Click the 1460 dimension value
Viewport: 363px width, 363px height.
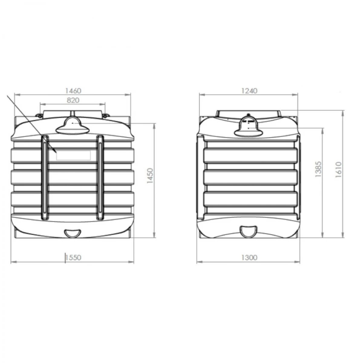pyautogui.click(x=73, y=91)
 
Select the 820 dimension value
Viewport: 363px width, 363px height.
pyautogui.click(x=73, y=100)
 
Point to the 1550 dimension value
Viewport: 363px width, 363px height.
pyautogui.click(x=74, y=257)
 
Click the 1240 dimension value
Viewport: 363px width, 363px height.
pyautogui.click(x=249, y=91)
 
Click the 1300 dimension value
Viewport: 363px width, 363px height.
pyautogui.click(x=249, y=257)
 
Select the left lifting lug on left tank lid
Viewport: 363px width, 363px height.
pyautogui.click(x=38, y=116)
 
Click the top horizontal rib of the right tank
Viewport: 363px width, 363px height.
pyautogui.click(x=249, y=155)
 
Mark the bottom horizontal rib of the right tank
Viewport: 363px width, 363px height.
pyautogui.click(x=249, y=199)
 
